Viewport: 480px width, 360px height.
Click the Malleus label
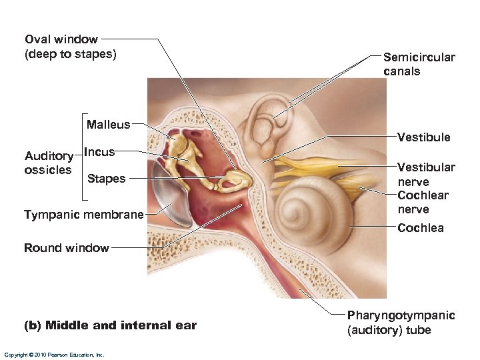(x=108, y=124)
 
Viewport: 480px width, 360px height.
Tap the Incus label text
(x=100, y=152)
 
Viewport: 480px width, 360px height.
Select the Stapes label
(x=107, y=178)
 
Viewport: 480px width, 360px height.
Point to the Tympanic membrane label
(x=83, y=215)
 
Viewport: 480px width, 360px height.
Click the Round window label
(x=66, y=248)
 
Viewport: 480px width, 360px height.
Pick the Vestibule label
(x=423, y=137)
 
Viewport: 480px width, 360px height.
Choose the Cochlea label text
(x=420, y=228)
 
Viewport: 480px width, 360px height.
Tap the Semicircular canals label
(x=419, y=64)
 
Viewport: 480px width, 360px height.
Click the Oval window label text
(x=70, y=47)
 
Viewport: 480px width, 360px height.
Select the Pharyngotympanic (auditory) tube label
(x=401, y=323)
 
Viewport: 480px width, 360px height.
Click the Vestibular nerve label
(x=426, y=174)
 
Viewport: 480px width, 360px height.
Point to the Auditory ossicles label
(x=48, y=163)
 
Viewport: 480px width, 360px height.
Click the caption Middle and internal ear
(x=110, y=325)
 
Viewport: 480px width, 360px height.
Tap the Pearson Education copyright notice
(x=54, y=355)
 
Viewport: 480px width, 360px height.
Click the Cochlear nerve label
(x=423, y=202)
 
